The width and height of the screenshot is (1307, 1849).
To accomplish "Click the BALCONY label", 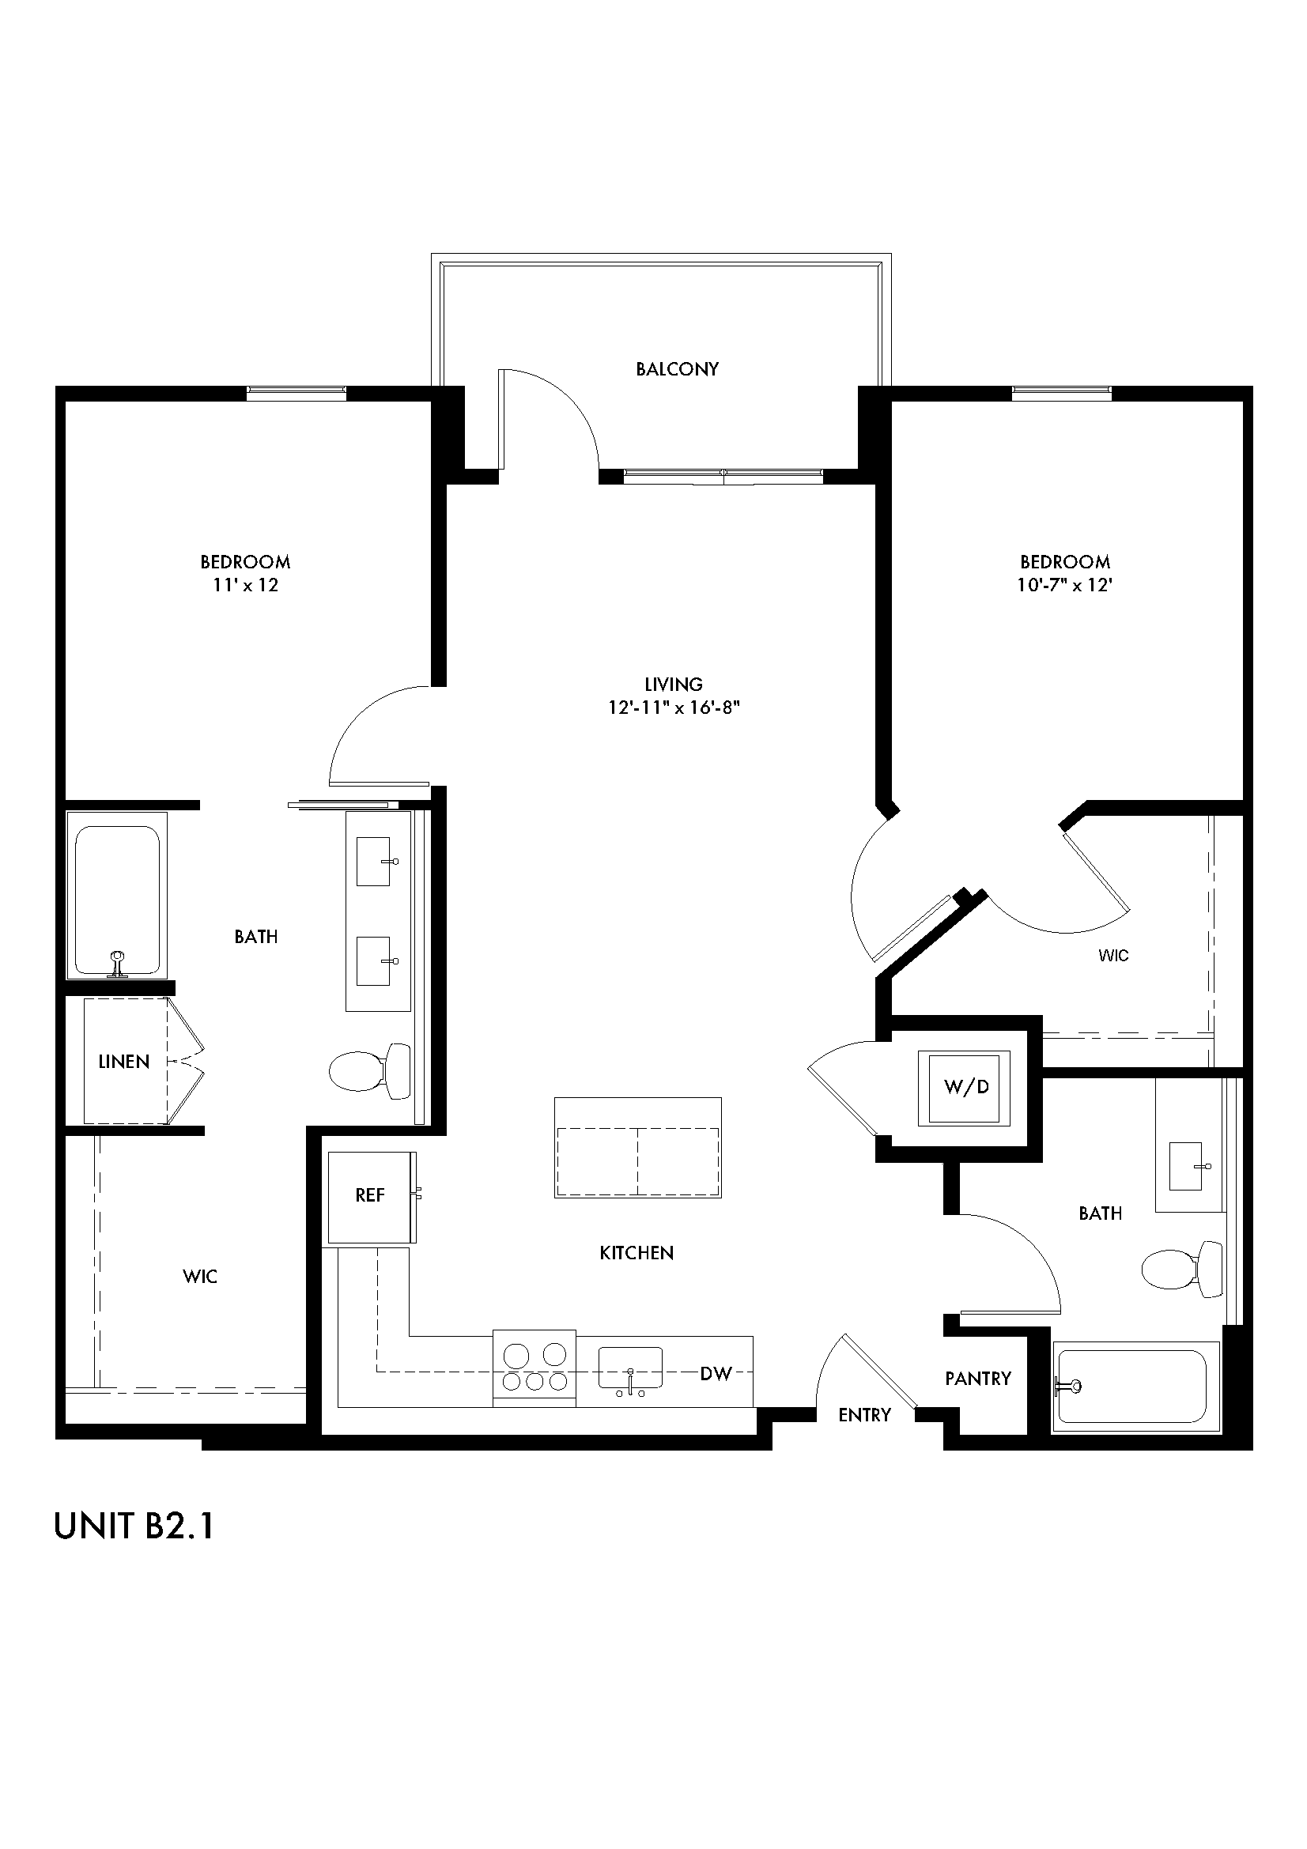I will click(x=677, y=369).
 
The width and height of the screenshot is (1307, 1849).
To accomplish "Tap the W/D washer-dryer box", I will click(x=965, y=1088).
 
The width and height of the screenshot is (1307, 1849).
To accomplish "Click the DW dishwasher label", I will click(x=715, y=1374).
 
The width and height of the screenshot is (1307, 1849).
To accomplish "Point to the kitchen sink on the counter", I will click(x=629, y=1368).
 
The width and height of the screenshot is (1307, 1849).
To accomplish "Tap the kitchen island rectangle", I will click(x=637, y=1148).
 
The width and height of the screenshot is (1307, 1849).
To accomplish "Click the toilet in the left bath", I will click(x=368, y=1070).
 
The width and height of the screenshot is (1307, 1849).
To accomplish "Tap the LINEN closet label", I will click(x=124, y=1062).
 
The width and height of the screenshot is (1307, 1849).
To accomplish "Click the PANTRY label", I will click(x=977, y=1378).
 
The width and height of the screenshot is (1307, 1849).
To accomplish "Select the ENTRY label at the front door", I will click(x=864, y=1415).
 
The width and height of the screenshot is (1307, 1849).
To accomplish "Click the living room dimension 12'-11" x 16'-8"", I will click(x=673, y=708).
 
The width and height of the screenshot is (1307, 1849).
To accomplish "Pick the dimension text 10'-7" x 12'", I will click(x=1063, y=586).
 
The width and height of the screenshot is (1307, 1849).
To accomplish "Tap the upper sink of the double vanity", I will click(x=374, y=861).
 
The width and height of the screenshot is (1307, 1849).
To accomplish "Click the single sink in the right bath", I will click(x=1186, y=1165).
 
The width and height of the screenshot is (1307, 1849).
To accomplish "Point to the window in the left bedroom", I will click(x=296, y=393).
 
